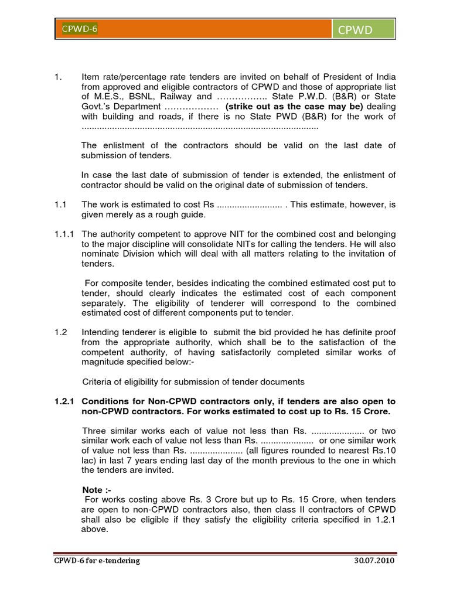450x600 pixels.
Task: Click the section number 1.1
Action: (60, 204)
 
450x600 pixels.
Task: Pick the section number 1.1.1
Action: (63, 234)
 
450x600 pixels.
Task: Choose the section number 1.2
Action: (60, 332)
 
